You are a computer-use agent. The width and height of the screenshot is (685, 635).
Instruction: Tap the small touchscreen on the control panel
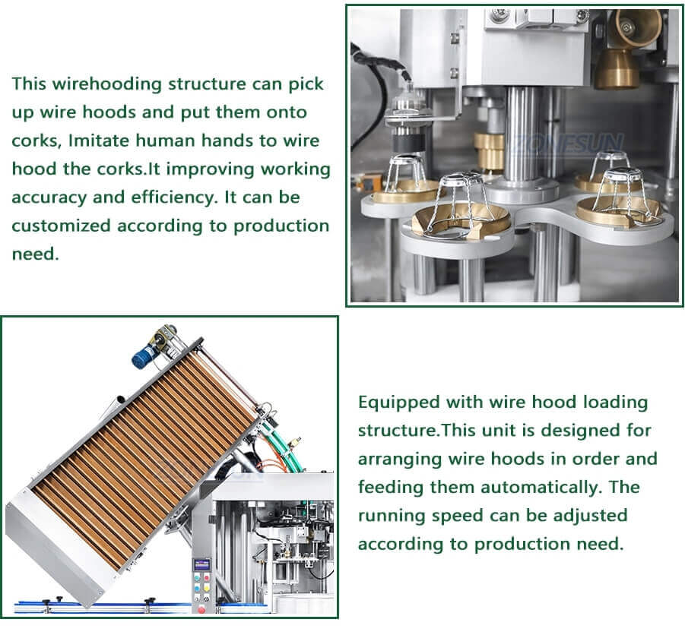pyautogui.click(x=202, y=564)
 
